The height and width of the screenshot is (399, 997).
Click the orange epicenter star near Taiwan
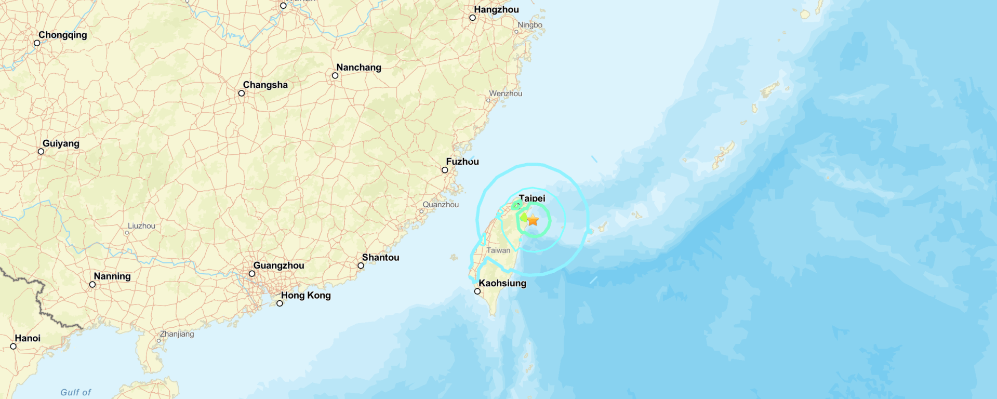pyautogui.click(x=533, y=220)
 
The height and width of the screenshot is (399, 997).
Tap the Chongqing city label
pyautogui.click(x=63, y=35)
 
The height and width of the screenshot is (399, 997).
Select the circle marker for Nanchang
pyautogui.click(x=335, y=76)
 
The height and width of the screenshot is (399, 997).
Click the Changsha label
pyautogui.click(x=265, y=85)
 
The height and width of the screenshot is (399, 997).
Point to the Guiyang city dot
pyautogui.click(x=41, y=152)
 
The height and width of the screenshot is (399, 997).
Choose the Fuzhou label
pyautogui.click(x=462, y=162)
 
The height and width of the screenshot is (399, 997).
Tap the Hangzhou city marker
pyautogui.click(x=472, y=18)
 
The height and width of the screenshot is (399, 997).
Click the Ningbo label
pyautogui.click(x=530, y=25)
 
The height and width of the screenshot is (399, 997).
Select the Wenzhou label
pyautogui.click(x=506, y=94)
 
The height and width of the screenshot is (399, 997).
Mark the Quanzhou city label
pyautogui.click(x=441, y=205)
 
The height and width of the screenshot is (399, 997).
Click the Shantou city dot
pyautogui.click(x=361, y=266)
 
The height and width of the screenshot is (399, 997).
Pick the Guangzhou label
pyautogui.click(x=278, y=265)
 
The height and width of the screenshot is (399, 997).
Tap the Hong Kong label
pyautogui.click(x=305, y=295)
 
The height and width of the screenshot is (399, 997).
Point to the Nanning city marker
pyautogui.click(x=92, y=285)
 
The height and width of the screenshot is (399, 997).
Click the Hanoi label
pyautogui.click(x=28, y=338)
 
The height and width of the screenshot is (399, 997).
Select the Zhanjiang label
pyautogui.click(x=177, y=334)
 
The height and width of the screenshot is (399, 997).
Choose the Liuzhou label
pyautogui.click(x=141, y=226)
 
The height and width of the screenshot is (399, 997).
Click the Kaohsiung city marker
pyautogui.click(x=477, y=291)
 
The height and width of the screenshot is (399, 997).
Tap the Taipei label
pyautogui.click(x=532, y=198)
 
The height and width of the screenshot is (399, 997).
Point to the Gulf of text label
pyautogui.click(x=76, y=392)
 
